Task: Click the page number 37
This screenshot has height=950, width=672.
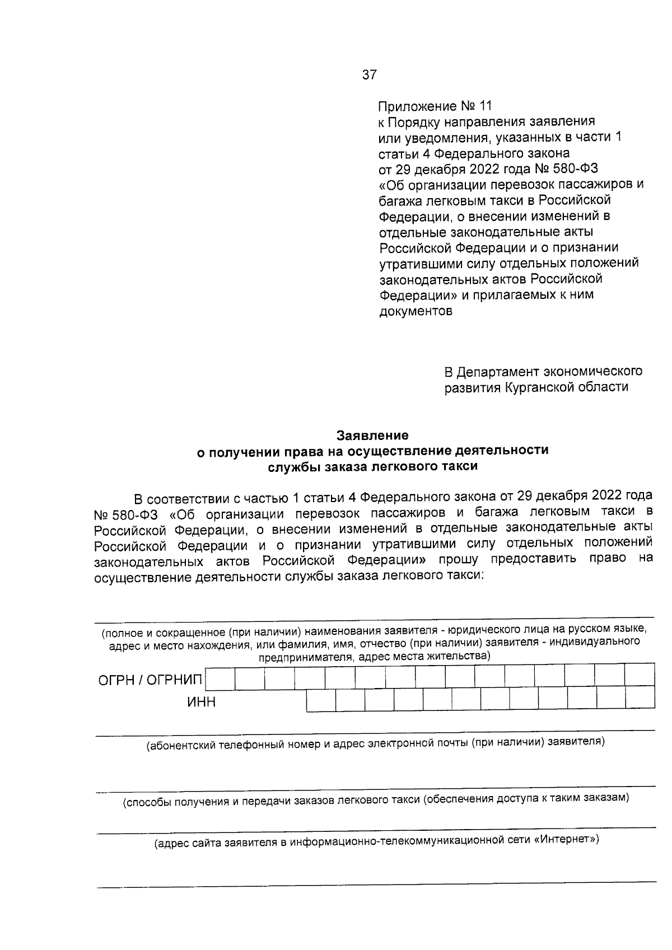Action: pyautogui.click(x=370, y=74)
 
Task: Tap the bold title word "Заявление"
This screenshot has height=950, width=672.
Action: pyautogui.click(x=372, y=435)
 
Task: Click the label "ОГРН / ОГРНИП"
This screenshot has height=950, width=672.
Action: pyautogui.click(x=150, y=680)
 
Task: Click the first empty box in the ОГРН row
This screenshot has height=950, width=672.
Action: pyautogui.click(x=220, y=678)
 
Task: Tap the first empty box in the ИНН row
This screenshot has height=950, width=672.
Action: pyautogui.click(x=321, y=700)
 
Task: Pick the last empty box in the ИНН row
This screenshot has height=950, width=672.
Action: pyautogui.click(x=640, y=698)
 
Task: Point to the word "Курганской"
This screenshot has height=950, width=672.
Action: pyautogui.click(x=542, y=387)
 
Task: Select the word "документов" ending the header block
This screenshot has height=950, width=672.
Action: pyautogui.click(x=416, y=311)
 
